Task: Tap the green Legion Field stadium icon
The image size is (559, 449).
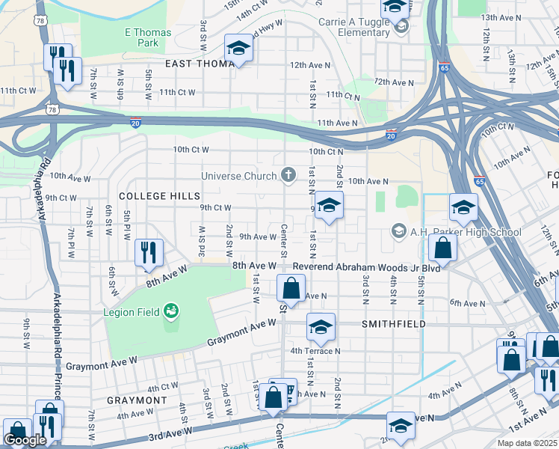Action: tap(171, 308)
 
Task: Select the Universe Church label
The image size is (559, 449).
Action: tap(239, 177)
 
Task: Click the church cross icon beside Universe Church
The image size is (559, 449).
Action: tap(288, 176)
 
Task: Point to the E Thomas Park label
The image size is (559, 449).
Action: tap(147, 37)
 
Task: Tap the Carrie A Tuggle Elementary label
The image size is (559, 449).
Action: tap(353, 28)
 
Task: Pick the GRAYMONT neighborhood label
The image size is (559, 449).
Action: tap(136, 400)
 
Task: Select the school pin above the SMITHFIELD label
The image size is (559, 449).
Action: tap(321, 326)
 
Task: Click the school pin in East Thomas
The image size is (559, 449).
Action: tap(239, 48)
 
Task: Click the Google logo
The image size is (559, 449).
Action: tap(25, 441)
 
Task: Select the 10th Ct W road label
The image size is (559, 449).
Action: tap(191, 150)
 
